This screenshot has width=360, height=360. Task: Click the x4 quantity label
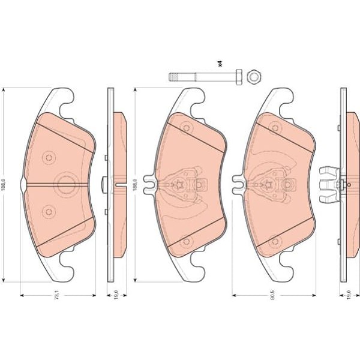(220, 64)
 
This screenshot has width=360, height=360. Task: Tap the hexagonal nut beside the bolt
(254, 76)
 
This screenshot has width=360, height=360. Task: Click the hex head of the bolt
(239, 77)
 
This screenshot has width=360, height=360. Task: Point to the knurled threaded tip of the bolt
(173, 77)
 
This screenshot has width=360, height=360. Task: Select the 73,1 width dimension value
(57, 295)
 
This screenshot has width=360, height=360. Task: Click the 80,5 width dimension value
(273, 295)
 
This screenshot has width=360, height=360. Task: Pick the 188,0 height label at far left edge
(3, 184)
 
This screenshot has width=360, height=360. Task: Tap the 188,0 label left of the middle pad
(135, 185)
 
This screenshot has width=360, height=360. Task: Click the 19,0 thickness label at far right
(349, 295)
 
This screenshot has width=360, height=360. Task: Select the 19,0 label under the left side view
(116, 295)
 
